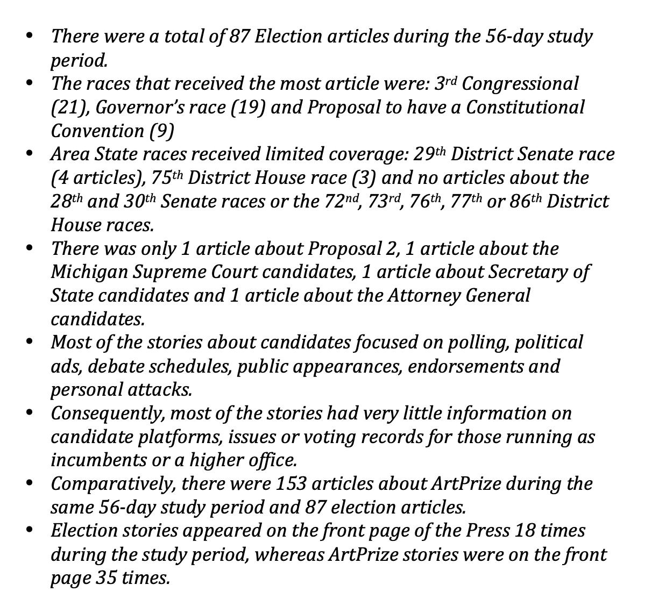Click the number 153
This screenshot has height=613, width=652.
pos(291,483)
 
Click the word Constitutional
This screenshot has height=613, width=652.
pos(525,107)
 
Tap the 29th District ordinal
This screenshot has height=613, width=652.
pos(430,154)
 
